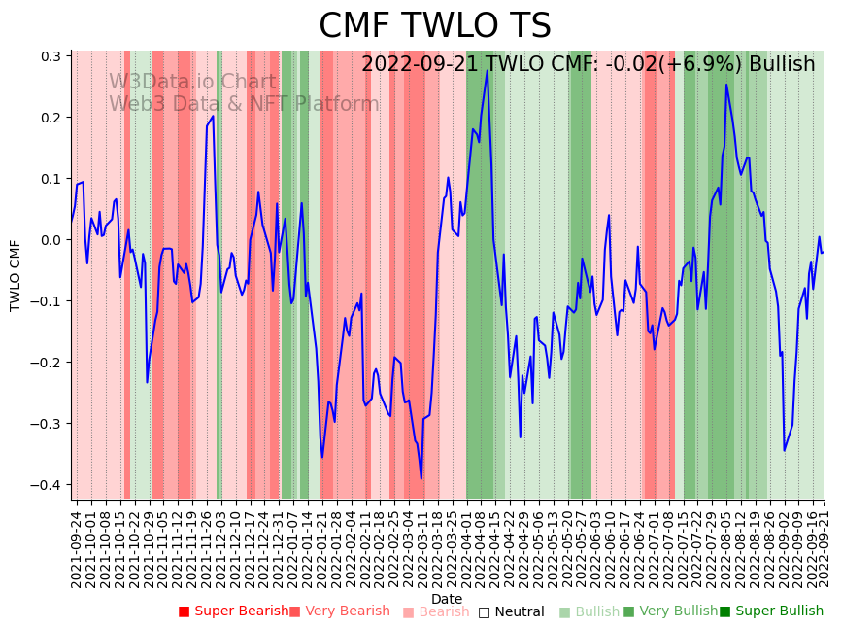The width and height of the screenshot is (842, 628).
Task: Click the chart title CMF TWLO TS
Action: pyautogui.click(x=435, y=26)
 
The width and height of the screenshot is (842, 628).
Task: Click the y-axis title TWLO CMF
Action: pyautogui.click(x=16, y=275)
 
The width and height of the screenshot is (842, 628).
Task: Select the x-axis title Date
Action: pyautogui.click(x=447, y=599)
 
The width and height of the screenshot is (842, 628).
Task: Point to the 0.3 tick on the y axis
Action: pyautogui.click(x=51, y=56)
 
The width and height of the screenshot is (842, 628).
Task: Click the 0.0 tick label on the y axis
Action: pyautogui.click(x=51, y=240)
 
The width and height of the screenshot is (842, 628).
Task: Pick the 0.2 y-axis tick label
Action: pyautogui.click(x=51, y=118)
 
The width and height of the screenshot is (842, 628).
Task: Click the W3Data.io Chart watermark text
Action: pyautogui.click(x=191, y=83)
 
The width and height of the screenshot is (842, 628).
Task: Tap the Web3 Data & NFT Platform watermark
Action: pyautogui.click(x=243, y=104)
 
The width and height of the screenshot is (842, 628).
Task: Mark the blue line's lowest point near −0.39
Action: pyautogui.click(x=421, y=478)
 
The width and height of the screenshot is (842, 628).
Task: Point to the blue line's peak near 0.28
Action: pyautogui.click(x=487, y=70)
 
